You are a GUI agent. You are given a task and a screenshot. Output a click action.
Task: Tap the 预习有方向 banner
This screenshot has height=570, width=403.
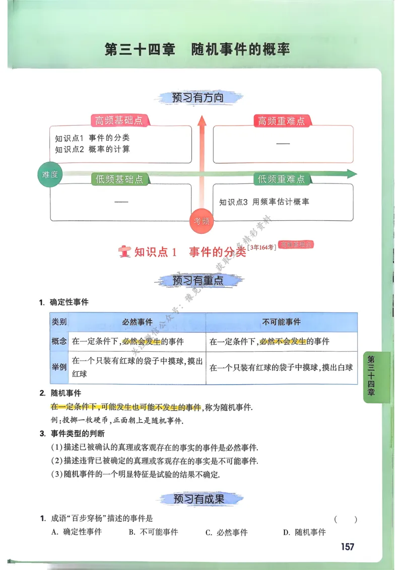(197, 97)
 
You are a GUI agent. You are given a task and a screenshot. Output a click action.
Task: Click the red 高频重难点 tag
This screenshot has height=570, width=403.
(281, 121)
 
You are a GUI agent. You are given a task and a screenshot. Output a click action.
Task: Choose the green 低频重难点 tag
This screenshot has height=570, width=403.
(281, 179)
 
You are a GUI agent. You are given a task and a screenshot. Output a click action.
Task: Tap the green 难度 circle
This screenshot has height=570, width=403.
(50, 175)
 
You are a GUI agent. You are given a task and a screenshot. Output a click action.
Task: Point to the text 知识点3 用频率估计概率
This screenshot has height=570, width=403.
(264, 202)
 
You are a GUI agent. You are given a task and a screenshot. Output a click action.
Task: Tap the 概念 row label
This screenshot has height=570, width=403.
(59, 341)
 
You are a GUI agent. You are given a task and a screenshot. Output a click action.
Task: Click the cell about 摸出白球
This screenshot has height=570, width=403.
(281, 367)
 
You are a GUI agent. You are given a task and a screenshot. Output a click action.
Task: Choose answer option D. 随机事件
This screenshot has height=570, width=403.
(304, 532)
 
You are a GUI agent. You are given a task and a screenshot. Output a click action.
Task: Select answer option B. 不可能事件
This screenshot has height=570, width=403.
(153, 532)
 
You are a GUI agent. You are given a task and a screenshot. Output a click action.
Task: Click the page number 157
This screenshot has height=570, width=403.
(347, 547)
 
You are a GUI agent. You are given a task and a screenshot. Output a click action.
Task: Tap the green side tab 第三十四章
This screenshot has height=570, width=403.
(371, 376)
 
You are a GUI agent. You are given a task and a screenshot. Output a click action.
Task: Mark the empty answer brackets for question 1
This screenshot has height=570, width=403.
(345, 519)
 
